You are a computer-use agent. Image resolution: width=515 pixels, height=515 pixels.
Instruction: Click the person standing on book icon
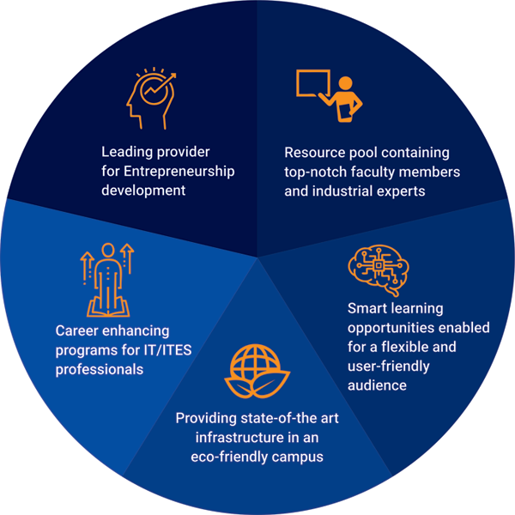pyautogui.click(x=107, y=279)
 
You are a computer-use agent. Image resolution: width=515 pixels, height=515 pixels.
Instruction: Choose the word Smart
pyautogui.click(x=367, y=308)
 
